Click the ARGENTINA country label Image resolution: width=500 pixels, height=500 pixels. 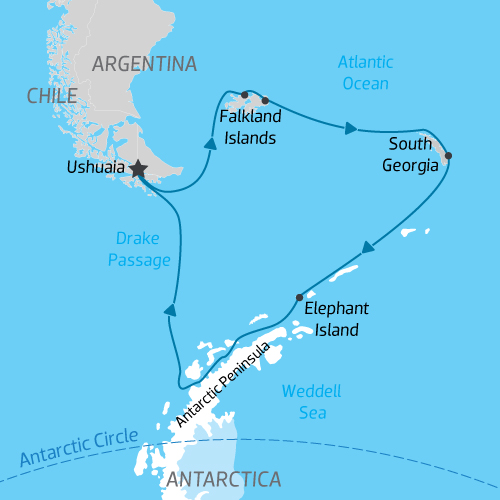click(144, 64)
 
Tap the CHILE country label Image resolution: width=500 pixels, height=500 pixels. click(52, 95)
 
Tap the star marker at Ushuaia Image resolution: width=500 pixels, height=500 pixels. click(137, 170)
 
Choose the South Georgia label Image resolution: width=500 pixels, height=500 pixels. click(410, 155)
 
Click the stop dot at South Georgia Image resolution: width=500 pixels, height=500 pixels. click(447, 155)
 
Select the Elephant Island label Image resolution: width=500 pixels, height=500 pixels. click(336, 317)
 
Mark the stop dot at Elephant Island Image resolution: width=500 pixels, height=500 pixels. click(299, 297)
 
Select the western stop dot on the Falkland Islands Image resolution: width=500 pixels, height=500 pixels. click(245, 95)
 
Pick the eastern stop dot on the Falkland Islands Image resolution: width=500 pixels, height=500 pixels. click(265, 100)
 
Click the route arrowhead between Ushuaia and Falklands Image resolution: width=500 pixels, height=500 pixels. click(211, 144)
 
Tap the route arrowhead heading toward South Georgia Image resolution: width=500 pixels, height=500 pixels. click(350, 128)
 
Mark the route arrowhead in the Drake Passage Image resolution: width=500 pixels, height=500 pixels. click(171, 309)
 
